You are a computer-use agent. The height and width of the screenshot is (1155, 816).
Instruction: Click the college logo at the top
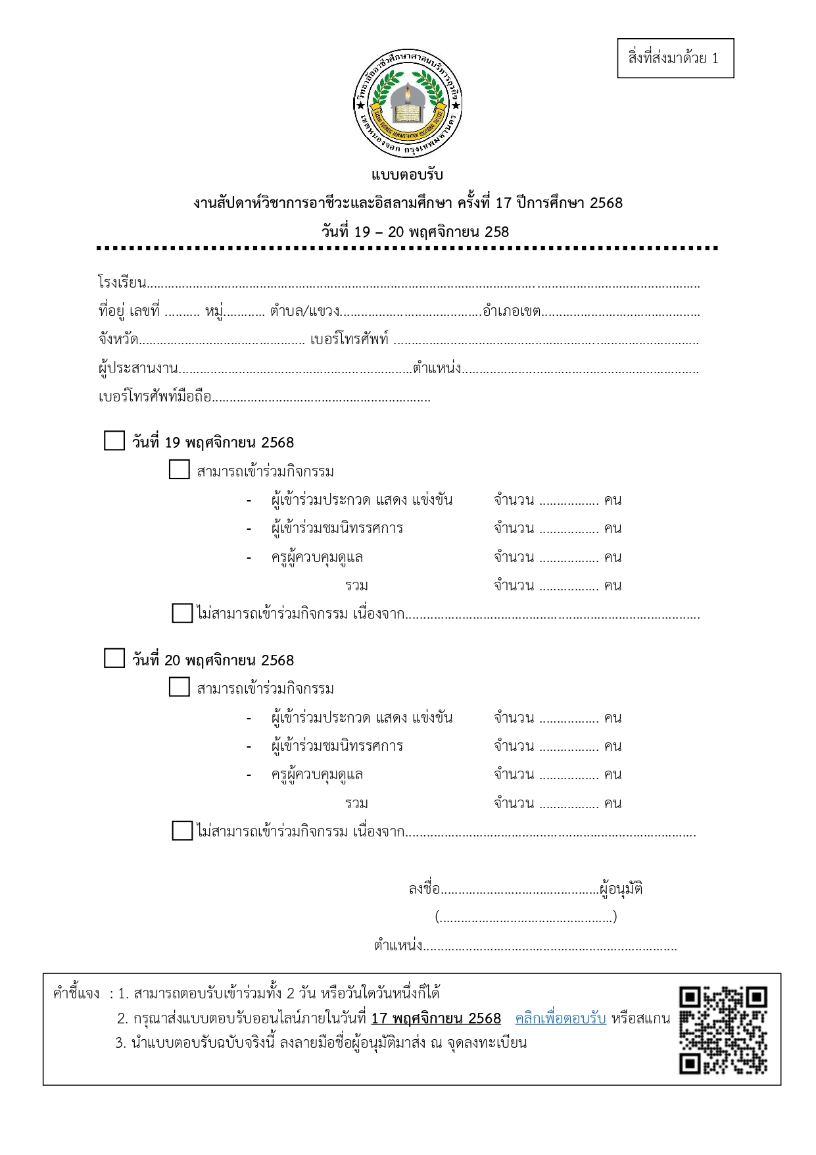click(x=408, y=105)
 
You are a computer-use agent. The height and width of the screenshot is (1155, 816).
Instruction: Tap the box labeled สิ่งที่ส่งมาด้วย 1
click(x=675, y=59)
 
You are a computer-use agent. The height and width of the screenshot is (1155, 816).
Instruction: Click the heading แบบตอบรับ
click(x=408, y=175)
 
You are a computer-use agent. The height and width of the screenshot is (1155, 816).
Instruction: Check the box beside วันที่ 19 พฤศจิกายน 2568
click(x=114, y=441)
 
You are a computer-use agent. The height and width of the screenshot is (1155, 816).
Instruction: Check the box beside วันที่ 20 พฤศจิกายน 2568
click(x=114, y=658)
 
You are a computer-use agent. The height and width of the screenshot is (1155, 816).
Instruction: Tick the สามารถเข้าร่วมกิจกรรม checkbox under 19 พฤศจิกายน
click(x=179, y=470)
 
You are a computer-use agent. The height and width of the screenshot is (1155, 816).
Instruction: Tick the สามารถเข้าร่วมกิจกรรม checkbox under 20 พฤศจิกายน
click(x=179, y=687)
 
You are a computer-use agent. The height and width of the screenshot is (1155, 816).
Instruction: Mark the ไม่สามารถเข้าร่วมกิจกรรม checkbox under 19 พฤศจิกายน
click(x=182, y=613)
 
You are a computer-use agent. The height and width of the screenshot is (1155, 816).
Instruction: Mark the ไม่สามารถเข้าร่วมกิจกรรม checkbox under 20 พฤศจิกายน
click(x=182, y=831)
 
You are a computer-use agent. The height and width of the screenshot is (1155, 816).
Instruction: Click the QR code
click(x=723, y=1030)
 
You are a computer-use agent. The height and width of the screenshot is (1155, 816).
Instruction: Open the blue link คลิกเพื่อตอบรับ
click(x=560, y=1019)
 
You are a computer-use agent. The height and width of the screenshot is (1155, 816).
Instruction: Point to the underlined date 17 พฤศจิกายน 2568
click(x=436, y=1019)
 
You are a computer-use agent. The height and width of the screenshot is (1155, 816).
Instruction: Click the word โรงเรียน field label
click(x=122, y=283)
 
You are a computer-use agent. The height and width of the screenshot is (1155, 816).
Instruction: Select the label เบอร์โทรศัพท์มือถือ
click(x=155, y=397)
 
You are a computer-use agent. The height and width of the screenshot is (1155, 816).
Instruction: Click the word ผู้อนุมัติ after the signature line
click(x=621, y=889)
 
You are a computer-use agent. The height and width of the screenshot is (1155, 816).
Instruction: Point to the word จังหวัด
click(x=118, y=340)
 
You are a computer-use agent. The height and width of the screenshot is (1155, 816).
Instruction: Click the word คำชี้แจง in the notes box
click(x=76, y=993)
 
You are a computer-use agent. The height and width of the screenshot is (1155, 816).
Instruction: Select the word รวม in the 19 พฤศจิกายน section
click(x=356, y=586)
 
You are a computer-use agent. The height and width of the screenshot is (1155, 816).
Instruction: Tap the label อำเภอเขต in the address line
click(x=512, y=311)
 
